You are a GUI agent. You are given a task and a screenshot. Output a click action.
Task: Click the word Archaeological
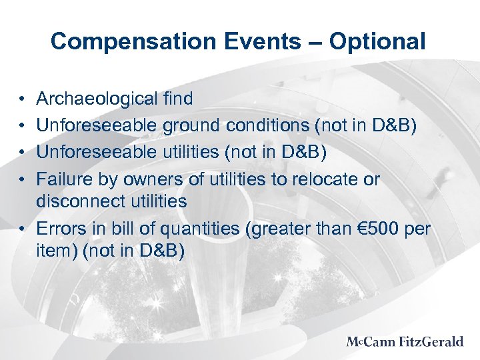click(97, 99)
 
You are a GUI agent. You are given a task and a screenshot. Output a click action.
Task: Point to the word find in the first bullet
click(177, 99)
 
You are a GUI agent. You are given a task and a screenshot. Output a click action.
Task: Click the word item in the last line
click(54, 251)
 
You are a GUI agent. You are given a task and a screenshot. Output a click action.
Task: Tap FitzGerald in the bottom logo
click(431, 342)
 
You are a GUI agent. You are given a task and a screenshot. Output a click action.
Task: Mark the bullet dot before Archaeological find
click(23, 100)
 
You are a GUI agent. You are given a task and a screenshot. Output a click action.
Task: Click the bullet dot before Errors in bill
click(23, 229)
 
